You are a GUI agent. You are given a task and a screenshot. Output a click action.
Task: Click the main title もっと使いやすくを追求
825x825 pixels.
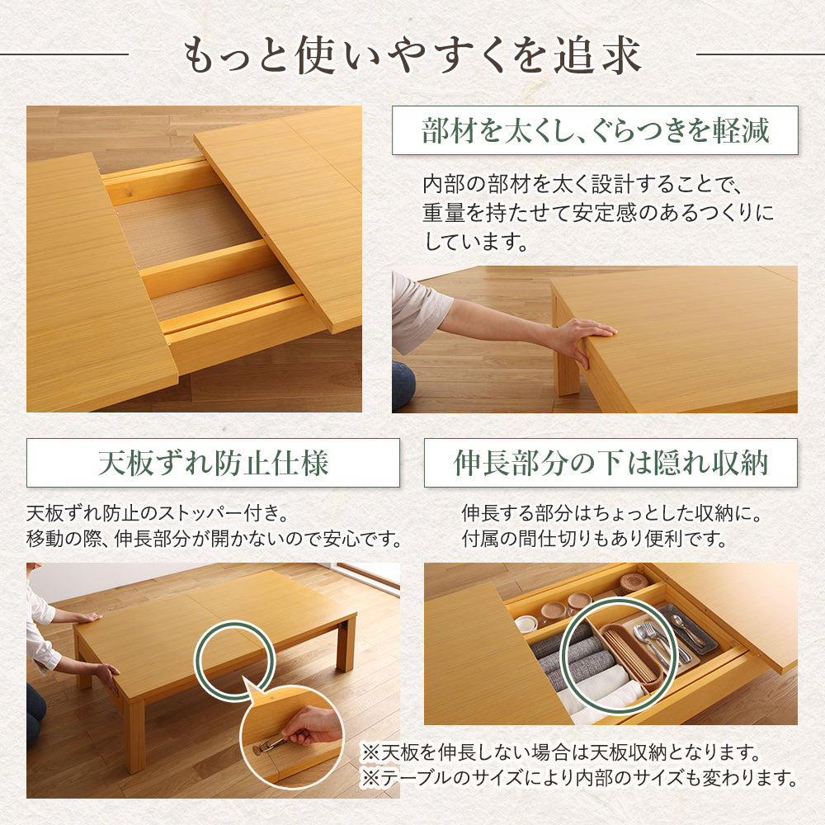[412, 54]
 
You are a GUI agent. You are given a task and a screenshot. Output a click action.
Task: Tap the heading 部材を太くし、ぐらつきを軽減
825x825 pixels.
[595, 130]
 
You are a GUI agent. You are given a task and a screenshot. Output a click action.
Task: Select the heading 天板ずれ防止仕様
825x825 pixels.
[213, 463]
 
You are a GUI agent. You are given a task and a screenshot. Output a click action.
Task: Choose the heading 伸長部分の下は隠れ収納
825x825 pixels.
[610, 463]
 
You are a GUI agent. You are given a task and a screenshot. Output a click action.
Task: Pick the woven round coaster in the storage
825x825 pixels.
[634, 583]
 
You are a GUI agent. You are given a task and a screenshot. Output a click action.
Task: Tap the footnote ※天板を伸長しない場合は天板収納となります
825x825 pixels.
[561, 752]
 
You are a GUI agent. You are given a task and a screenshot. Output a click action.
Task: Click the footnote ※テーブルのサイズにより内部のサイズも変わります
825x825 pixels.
[579, 778]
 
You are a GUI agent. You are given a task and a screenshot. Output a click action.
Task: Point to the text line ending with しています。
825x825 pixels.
[476, 242]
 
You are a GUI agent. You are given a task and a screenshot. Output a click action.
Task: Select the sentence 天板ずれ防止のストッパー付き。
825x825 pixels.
[158, 513]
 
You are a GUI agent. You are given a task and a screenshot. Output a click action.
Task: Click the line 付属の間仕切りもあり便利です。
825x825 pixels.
[594, 538]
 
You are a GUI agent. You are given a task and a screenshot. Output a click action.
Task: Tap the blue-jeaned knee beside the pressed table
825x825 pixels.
[403, 385]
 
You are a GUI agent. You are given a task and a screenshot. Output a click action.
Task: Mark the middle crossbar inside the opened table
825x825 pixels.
[210, 268]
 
